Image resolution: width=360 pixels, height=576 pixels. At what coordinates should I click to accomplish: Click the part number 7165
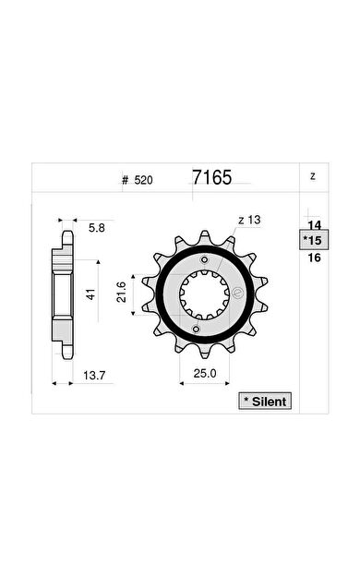pyautogui.click(x=212, y=177)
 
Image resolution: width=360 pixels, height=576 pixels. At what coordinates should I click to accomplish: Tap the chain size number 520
pyautogui.click(x=143, y=180)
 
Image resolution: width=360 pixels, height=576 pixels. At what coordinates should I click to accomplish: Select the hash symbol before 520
pyautogui.click(x=126, y=180)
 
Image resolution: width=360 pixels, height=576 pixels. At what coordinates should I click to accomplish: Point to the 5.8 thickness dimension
pyautogui.click(x=97, y=228)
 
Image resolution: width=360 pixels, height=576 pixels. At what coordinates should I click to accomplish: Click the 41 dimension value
pyautogui.click(x=90, y=294)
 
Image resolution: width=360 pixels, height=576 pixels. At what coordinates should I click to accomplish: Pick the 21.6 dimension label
pyautogui.click(x=121, y=292)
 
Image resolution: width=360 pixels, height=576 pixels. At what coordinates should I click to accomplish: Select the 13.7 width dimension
pyautogui.click(x=94, y=376)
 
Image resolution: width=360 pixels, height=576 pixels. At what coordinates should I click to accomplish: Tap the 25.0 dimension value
pyautogui.click(x=205, y=374)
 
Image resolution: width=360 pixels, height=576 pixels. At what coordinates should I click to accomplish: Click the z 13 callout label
pyautogui.click(x=249, y=220)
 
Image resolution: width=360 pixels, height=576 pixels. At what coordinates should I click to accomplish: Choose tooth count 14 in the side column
pyautogui.click(x=315, y=225)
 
